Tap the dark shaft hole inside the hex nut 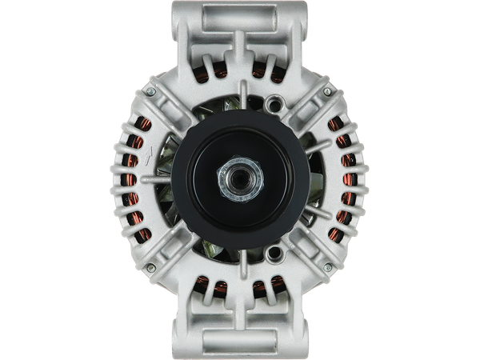coord(239,178)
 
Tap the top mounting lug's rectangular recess coord(239,15)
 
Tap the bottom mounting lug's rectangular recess coord(239,343)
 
